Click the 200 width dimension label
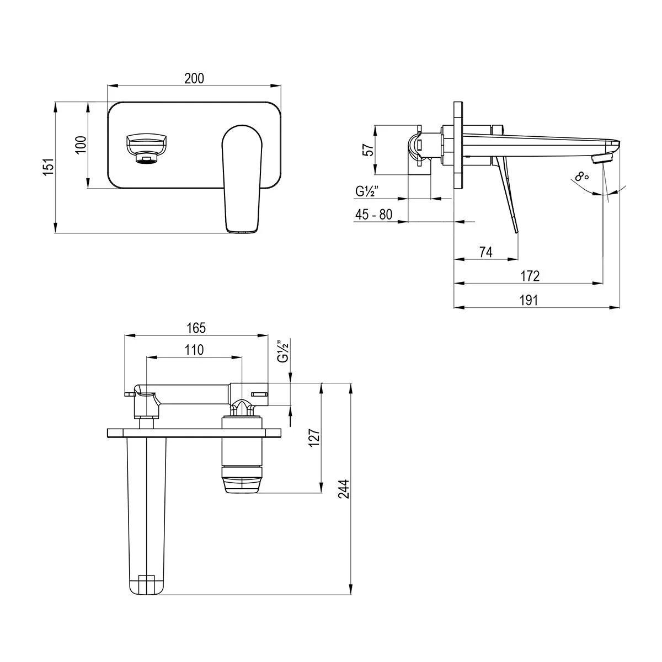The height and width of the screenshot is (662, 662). click(194, 78)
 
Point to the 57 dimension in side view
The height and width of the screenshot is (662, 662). click(369, 150)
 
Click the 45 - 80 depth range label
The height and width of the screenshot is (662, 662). click(373, 215)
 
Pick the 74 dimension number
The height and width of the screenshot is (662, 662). click(486, 252)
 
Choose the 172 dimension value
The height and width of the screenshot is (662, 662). click(530, 276)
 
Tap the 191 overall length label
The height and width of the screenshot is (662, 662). click(528, 300)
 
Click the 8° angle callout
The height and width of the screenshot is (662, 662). click(582, 177)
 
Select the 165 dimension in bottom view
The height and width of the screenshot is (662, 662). click(196, 328)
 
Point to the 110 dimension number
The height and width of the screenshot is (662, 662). click(194, 350)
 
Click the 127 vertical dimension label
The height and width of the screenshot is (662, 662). click(314, 437)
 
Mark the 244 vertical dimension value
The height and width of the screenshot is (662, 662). click(344, 489)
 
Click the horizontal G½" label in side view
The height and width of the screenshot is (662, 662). click(367, 191)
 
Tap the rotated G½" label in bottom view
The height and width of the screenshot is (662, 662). click(283, 351)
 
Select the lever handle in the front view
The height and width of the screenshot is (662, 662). click(242, 179)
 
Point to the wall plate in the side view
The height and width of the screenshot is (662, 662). click(458, 145)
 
